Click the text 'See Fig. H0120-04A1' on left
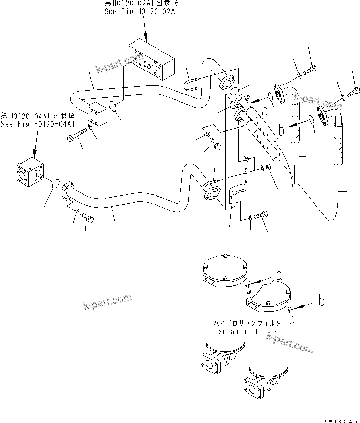[31, 123]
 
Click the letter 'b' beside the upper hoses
[281, 131]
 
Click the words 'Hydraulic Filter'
[247, 331]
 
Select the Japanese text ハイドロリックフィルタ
[247, 323]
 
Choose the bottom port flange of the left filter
[209, 365]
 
